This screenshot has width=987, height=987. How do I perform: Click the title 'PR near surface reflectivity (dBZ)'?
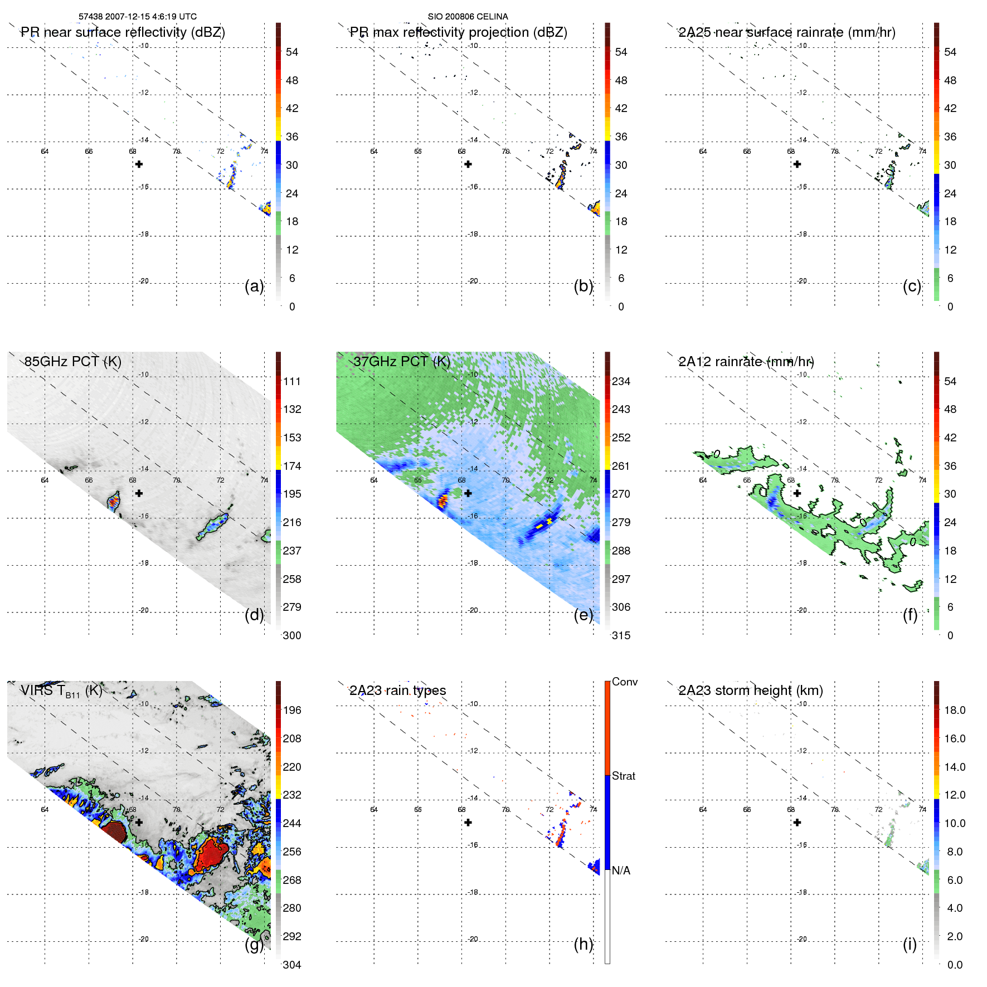pyautogui.click(x=123, y=32)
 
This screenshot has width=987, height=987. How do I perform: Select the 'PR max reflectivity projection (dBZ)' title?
pyautogui.click(x=458, y=32)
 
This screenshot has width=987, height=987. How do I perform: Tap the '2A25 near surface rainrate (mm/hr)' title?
pyautogui.click(x=787, y=32)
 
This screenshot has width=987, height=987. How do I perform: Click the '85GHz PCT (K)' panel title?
pyautogui.click(x=72, y=362)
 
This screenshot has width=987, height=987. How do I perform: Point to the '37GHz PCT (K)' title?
pyautogui.click(x=401, y=362)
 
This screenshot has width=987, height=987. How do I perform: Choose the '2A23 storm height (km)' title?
pyautogui.click(x=750, y=691)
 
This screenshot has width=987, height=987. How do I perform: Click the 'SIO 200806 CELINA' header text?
pyautogui.click(x=468, y=17)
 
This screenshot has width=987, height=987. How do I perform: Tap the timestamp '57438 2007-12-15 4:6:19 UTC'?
pyautogui.click(x=137, y=17)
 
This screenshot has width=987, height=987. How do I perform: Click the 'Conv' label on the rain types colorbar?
pyautogui.click(x=624, y=682)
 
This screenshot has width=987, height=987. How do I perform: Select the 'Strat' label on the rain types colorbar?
pyautogui.click(x=623, y=776)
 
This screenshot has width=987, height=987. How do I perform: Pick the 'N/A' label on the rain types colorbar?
pyautogui.click(x=621, y=871)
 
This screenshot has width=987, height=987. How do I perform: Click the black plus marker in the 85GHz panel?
pyautogui.click(x=139, y=493)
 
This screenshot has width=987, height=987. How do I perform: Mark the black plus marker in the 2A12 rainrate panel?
pyautogui.click(x=797, y=493)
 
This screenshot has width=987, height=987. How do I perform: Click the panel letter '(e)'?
pyautogui.click(x=583, y=615)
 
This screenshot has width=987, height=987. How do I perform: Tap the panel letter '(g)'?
pyautogui.click(x=254, y=944)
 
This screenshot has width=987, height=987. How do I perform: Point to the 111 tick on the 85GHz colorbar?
pyautogui.click(x=292, y=382)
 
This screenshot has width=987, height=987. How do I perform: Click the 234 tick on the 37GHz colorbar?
pyautogui.click(x=621, y=382)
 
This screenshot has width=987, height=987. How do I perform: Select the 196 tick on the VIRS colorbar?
pyautogui.click(x=292, y=711)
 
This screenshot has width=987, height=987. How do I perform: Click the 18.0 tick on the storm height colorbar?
pyautogui.click(x=954, y=711)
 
